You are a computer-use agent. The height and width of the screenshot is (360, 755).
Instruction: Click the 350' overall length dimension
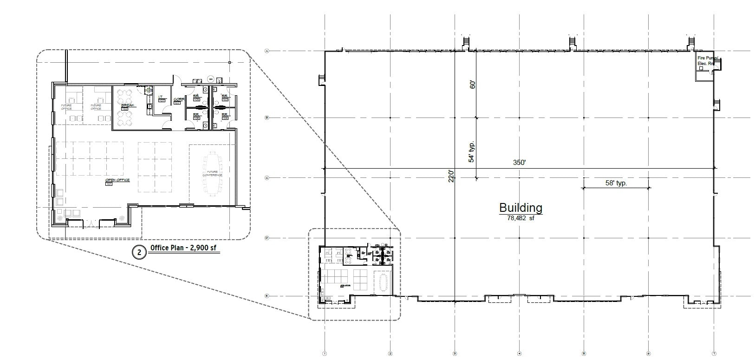pos(519,163)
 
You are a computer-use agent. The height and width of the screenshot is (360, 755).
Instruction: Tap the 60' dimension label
pos(473,85)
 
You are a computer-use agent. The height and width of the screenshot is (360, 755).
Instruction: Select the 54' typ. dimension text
pos(472,151)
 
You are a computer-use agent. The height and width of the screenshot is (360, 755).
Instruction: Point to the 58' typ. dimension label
pos(616,183)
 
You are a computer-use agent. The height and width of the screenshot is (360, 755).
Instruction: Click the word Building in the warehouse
pos(521,207)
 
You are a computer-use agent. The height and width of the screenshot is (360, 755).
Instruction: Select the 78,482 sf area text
pos(521,217)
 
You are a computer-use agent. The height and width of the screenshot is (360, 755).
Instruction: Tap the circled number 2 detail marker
pos(138,252)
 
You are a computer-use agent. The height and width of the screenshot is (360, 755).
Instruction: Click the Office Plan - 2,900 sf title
pos(183,248)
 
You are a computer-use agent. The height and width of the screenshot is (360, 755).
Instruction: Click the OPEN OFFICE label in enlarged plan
pos(117,180)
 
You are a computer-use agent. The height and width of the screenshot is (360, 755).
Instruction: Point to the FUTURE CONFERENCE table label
pos(212,173)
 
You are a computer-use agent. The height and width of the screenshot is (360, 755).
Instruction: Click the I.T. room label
pos(161,97)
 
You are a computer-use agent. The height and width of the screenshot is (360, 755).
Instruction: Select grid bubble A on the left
pos(267,51)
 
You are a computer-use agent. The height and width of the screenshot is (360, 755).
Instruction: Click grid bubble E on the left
pos(267,295)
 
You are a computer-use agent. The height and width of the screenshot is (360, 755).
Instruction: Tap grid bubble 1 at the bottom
pos(325,353)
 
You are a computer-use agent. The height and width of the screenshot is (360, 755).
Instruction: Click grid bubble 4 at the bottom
pos(520,353)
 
